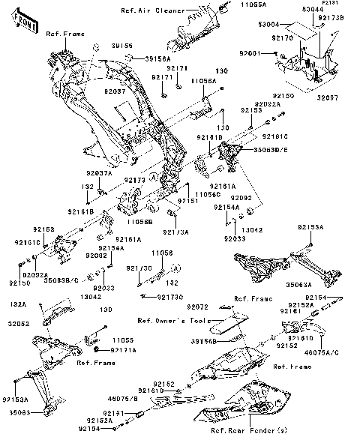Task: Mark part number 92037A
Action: pos(97,173)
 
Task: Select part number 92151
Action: pos(187,202)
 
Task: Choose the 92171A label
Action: pos(123,350)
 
